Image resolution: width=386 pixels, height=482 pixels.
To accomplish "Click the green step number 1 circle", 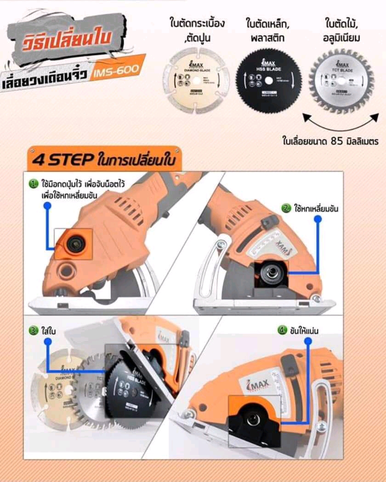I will pos(33,184).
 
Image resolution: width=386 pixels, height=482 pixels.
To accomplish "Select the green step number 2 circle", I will pos(286,209).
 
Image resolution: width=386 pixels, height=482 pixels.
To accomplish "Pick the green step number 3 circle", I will pos(33,330).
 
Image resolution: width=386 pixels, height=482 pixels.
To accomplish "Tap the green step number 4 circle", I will pos(282,330).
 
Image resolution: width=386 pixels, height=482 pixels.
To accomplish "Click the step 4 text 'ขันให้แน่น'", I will pos(305,330).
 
